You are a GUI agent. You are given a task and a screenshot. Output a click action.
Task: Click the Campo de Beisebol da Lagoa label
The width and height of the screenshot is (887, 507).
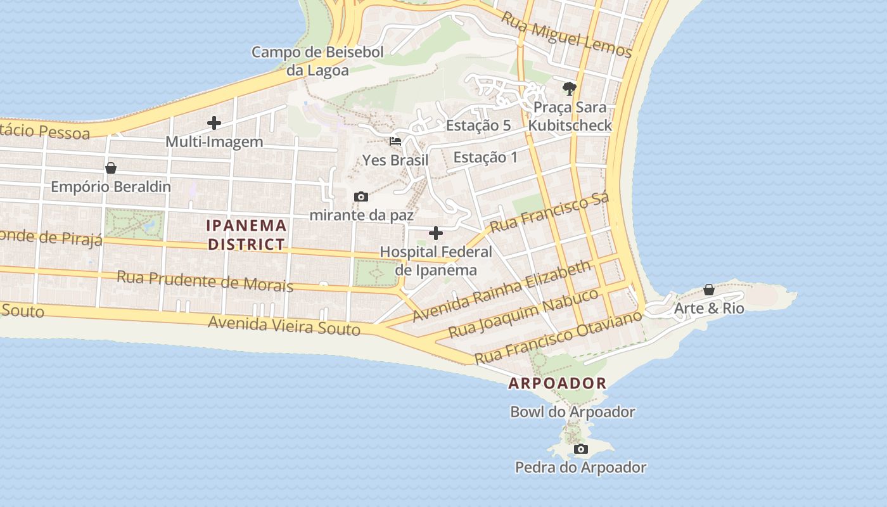point(317,61)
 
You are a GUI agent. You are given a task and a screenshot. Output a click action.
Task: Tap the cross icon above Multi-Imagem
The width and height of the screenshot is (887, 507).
point(214,123)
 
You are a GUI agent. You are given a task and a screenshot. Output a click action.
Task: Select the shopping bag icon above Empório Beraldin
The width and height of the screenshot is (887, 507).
point(111,168)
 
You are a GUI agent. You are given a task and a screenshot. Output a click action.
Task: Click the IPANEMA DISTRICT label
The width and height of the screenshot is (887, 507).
point(246,234)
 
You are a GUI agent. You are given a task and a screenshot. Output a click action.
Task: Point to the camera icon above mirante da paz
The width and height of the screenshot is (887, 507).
point(361,196)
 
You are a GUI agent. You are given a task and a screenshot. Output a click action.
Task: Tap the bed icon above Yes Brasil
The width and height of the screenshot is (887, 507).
point(395,141)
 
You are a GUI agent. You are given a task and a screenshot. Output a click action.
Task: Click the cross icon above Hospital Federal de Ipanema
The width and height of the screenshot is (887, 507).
point(436,233)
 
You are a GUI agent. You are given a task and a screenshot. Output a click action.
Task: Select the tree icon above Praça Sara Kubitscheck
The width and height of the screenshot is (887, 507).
point(569,89)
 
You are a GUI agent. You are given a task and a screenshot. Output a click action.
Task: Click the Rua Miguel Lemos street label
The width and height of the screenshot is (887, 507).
point(567,34)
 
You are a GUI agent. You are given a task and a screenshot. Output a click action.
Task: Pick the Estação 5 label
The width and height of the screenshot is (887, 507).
point(478,125)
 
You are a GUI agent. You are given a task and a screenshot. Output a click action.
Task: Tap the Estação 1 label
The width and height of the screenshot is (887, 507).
point(485,157)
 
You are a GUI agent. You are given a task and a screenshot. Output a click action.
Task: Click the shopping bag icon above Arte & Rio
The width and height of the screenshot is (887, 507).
point(708,290)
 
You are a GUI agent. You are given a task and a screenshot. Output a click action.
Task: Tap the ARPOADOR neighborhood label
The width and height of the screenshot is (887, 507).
point(558,383)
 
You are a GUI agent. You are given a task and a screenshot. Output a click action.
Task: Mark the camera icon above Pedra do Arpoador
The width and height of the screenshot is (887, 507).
point(580,449)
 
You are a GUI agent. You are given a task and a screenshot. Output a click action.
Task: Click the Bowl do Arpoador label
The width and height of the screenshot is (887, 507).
point(572,412)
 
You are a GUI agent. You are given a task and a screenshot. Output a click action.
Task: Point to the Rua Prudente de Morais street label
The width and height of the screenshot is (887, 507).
point(205,281)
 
